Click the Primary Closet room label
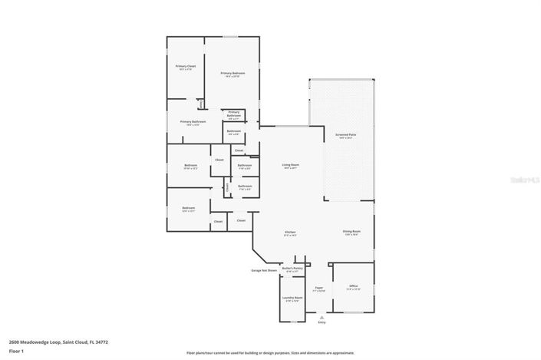pyautogui.click(x=186, y=66)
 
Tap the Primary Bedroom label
pyautogui.click(x=232, y=73)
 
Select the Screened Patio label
pyautogui.click(x=344, y=135)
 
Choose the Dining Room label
pyautogui.click(x=352, y=231)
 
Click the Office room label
pyautogui.click(x=353, y=286)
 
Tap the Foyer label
pyautogui.click(x=318, y=288)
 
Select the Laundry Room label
pyautogui.click(x=292, y=298)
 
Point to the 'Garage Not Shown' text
pyautogui.click(x=263, y=270)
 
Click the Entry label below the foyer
pyautogui.click(x=321, y=322)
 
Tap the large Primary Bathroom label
pyautogui.click(x=193, y=122)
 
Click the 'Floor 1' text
pyautogui.click(x=16, y=351)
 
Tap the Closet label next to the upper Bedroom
pyautogui.click(x=219, y=160)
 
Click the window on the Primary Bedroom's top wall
pyautogui.click(x=231, y=36)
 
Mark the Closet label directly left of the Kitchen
pyautogui.click(x=241, y=220)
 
